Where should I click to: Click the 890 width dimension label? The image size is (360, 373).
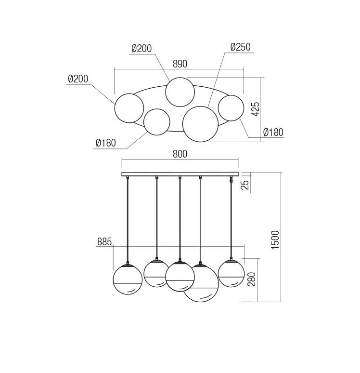[180, 64]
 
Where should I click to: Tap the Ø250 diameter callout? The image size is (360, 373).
[241, 47]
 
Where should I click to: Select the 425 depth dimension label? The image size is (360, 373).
[256, 109]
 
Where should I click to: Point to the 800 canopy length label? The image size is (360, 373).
[180, 154]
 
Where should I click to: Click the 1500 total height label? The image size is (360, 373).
[275, 240]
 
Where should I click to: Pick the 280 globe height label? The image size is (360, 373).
[252, 280]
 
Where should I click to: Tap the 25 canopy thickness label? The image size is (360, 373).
[245, 185]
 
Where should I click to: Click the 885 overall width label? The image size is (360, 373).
[104, 242]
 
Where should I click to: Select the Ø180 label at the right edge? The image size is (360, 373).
[273, 132]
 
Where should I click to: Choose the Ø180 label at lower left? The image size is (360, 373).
[106, 143]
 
